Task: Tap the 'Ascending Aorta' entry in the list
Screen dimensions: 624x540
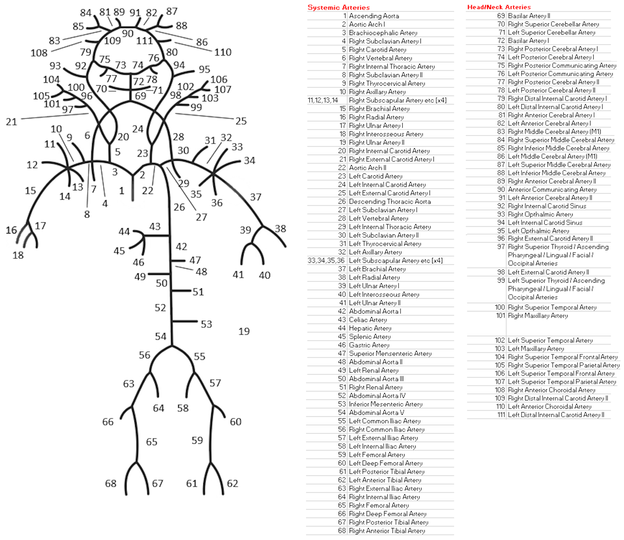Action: (x=374, y=16)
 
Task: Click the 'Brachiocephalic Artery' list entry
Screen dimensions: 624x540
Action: (x=383, y=33)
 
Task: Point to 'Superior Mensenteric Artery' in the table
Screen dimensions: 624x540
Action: (x=390, y=353)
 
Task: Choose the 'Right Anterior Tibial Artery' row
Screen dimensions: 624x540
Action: (x=387, y=531)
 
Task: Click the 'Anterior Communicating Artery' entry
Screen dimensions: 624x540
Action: (x=552, y=190)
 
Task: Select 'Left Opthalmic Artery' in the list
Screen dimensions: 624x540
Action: (x=538, y=231)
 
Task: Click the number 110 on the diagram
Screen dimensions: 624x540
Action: (x=223, y=52)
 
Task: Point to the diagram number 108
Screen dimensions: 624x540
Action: (x=39, y=53)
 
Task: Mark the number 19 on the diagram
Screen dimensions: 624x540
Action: (x=244, y=331)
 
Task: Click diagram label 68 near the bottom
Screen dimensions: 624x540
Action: (x=111, y=484)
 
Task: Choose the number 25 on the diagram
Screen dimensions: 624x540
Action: (x=241, y=121)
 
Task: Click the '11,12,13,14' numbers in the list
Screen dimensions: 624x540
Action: (x=323, y=100)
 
